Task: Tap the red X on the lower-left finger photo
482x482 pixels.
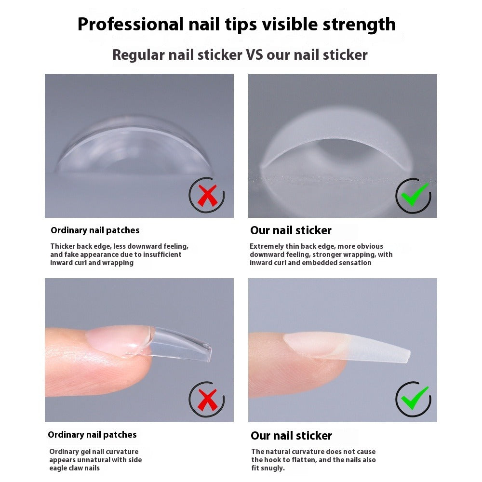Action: pos(207,400)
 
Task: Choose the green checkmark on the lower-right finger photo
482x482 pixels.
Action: pos(414,399)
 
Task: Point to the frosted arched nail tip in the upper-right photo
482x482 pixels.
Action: pos(337,140)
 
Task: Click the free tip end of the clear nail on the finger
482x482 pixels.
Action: pos(205,351)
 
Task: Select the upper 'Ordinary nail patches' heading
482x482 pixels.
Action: pos(95,230)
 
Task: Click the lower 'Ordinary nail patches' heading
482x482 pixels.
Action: pos(92,435)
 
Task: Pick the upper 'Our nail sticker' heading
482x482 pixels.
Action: pos(291,230)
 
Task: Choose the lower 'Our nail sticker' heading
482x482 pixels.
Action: pos(291,436)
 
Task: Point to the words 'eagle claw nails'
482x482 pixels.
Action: pos(75,468)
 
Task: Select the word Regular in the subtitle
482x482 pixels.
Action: pos(139,55)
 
